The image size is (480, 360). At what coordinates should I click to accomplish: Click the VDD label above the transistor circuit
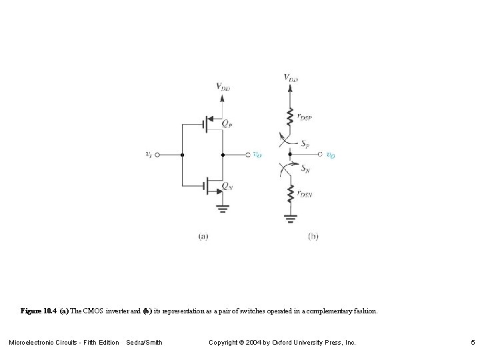pos(223,86)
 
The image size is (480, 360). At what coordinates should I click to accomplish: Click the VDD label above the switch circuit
pos(291,78)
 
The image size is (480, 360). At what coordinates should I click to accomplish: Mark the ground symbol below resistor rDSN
pos(290,217)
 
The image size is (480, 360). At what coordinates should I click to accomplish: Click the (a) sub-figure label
pos(203,235)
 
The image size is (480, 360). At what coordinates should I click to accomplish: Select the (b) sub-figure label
pos(313,235)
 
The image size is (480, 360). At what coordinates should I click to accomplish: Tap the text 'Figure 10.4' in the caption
pos(39,311)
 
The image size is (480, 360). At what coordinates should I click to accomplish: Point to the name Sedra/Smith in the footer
pos(144,343)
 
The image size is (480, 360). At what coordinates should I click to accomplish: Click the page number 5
pos(471,343)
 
